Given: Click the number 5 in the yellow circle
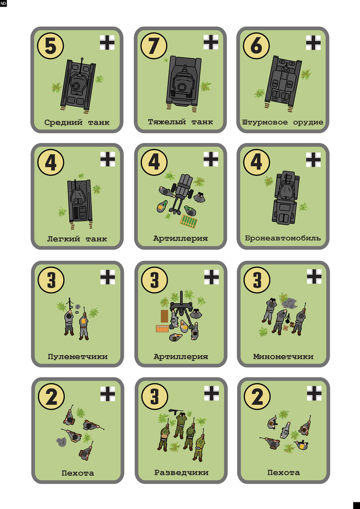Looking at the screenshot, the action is [x=50, y=46].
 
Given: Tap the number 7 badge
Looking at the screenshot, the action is [x=154, y=46].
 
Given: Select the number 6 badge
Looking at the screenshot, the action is [x=256, y=46].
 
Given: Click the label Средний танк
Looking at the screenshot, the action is [x=77, y=122].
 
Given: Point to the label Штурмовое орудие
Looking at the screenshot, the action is [x=283, y=122].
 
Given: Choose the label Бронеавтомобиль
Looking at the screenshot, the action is [x=283, y=238].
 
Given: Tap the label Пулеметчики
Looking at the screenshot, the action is [x=78, y=356].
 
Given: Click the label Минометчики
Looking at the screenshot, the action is [x=283, y=356].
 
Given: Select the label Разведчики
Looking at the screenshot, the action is [x=181, y=472].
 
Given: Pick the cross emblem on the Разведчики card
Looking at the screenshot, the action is [x=211, y=393].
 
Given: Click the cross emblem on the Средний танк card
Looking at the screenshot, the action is [x=107, y=43].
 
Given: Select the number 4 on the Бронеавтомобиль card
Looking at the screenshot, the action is [x=257, y=162].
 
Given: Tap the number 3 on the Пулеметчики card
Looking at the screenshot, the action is [x=51, y=280].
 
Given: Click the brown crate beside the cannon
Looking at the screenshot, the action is [x=164, y=316].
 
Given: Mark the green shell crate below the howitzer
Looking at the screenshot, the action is [x=190, y=221].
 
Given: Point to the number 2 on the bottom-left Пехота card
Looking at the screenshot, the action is [x=51, y=396].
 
